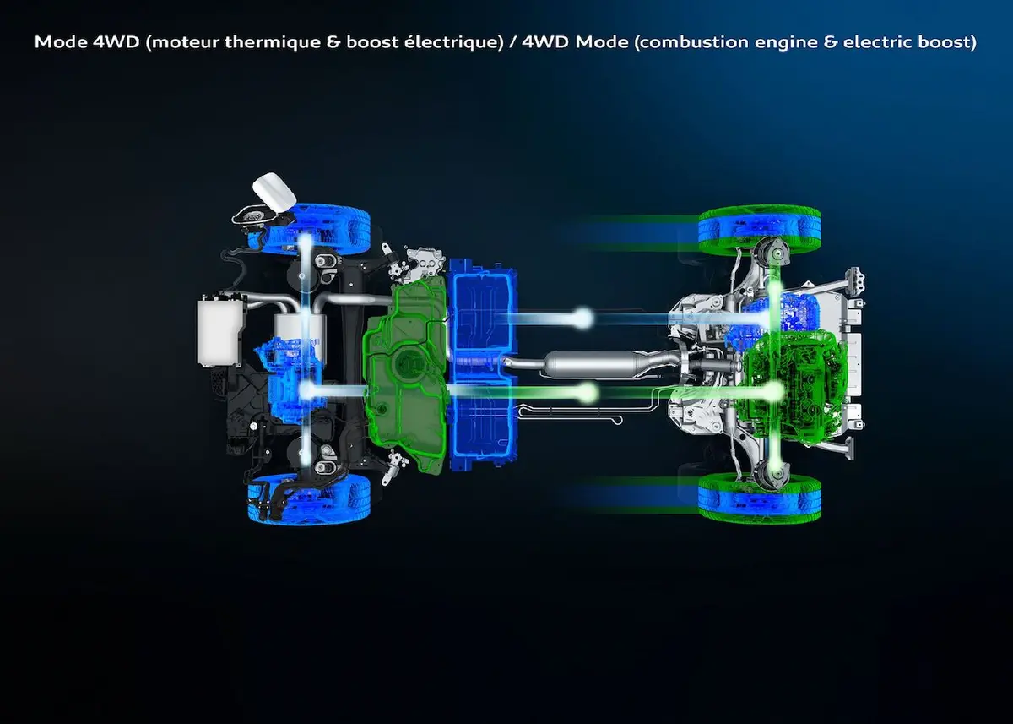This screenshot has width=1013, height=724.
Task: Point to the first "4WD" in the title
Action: (116, 42)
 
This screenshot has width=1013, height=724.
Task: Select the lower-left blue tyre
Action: (309, 498)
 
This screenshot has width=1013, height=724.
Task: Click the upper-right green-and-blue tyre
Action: (760, 230)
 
